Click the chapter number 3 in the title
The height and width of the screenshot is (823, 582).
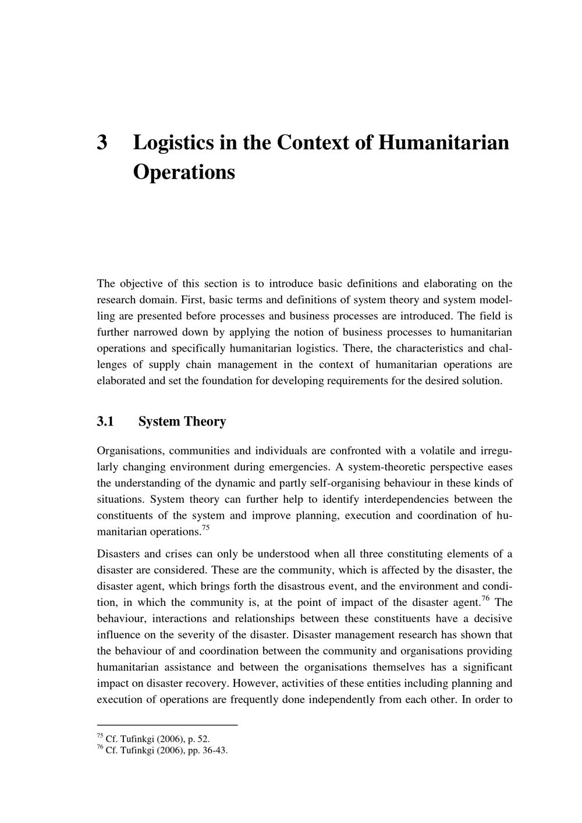(x=102, y=143)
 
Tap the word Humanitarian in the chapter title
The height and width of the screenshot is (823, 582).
(x=443, y=143)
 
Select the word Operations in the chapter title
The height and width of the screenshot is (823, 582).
(x=184, y=172)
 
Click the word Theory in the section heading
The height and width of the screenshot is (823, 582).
(x=205, y=421)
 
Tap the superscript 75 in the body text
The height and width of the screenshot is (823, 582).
(x=205, y=528)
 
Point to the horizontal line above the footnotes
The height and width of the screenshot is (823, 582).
(x=168, y=725)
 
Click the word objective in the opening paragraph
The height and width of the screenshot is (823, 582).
(x=141, y=284)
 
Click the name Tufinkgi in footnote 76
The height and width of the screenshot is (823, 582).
(x=139, y=750)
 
